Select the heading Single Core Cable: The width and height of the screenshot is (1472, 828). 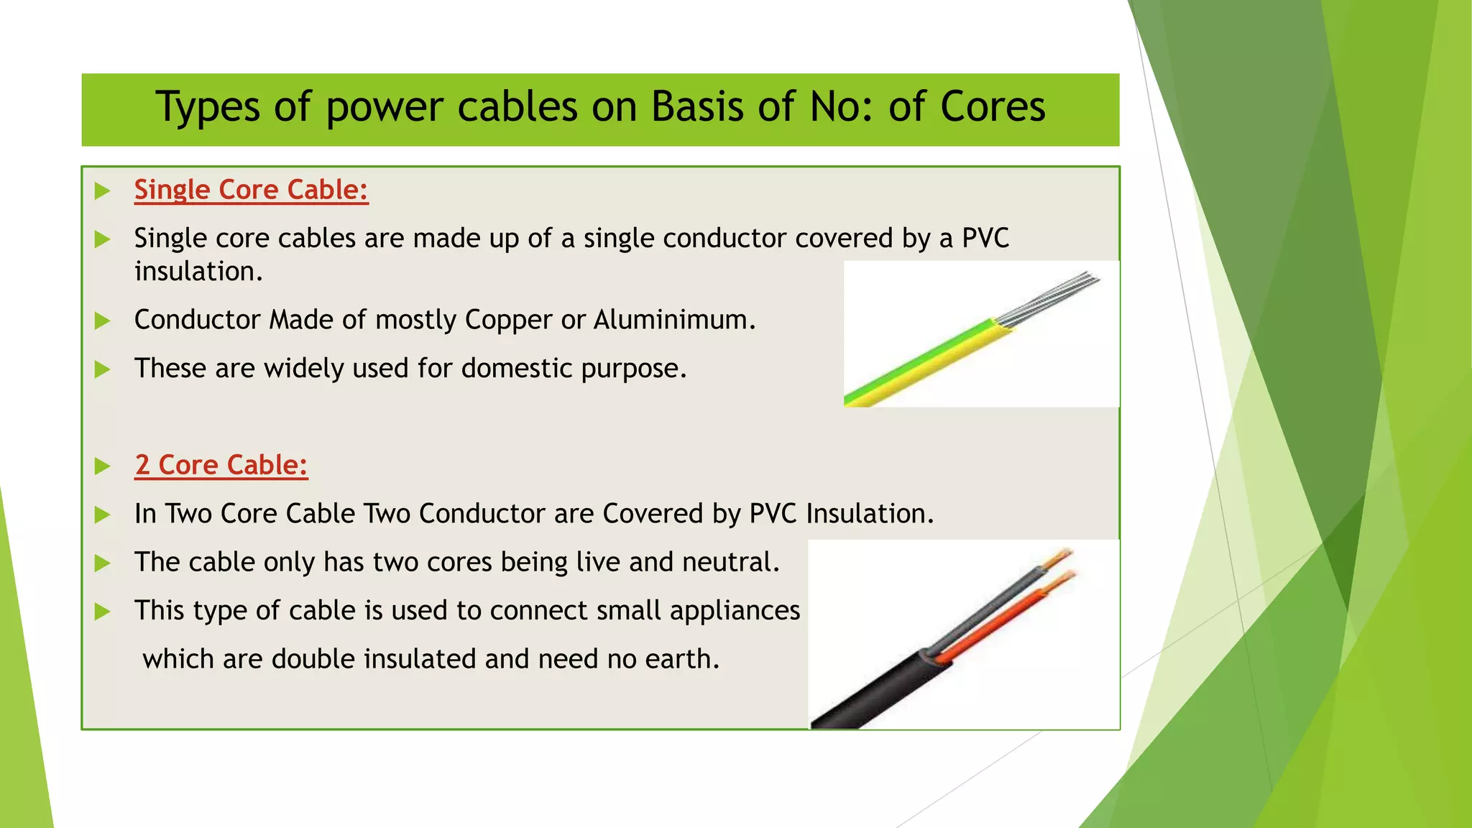pyautogui.click(x=251, y=190)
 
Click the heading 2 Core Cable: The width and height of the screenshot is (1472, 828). pyautogui.click(x=221, y=465)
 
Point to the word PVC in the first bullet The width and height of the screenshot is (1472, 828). pyautogui.click(x=985, y=238)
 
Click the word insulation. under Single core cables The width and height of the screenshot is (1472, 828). pyautogui.click(x=198, y=272)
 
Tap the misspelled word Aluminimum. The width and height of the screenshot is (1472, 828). pyautogui.click(x=674, y=320)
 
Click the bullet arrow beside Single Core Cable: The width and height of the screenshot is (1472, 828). pyautogui.click(x=103, y=190)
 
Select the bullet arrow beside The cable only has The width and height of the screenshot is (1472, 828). pyautogui.click(x=103, y=563)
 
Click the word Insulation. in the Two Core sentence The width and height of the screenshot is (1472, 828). pyautogui.click(x=870, y=514)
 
